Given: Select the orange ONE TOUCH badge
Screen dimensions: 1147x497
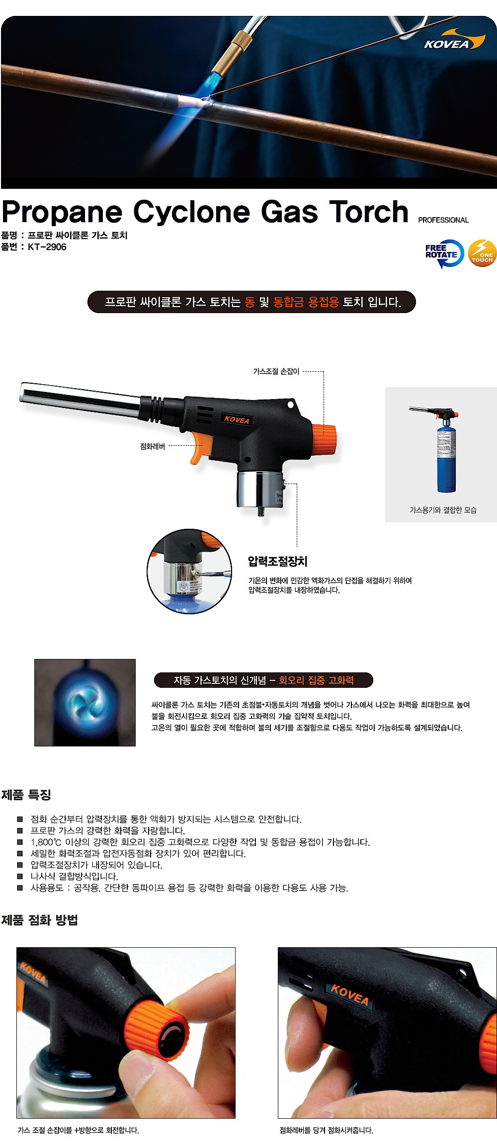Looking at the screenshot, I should (x=482, y=253).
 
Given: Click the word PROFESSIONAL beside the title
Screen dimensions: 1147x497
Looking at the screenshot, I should (x=443, y=220).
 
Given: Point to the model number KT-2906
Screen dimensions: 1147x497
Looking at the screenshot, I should (x=47, y=247).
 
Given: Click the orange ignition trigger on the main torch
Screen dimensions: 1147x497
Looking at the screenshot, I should (x=198, y=448).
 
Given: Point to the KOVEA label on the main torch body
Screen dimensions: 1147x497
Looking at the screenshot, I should (x=237, y=419).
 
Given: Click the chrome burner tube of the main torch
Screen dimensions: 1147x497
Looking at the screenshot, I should (x=80, y=397).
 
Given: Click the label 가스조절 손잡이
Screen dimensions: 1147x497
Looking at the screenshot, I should (x=276, y=371).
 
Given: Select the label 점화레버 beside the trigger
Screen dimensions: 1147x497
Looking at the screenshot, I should (x=153, y=446).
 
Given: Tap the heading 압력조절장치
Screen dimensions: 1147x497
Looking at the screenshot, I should (x=277, y=562).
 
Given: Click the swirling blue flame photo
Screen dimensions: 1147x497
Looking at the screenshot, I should (x=85, y=702).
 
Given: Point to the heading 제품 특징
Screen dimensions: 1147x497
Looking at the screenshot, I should (x=26, y=795).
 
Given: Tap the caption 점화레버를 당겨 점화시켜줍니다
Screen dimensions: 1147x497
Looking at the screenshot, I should (x=326, y=1130).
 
